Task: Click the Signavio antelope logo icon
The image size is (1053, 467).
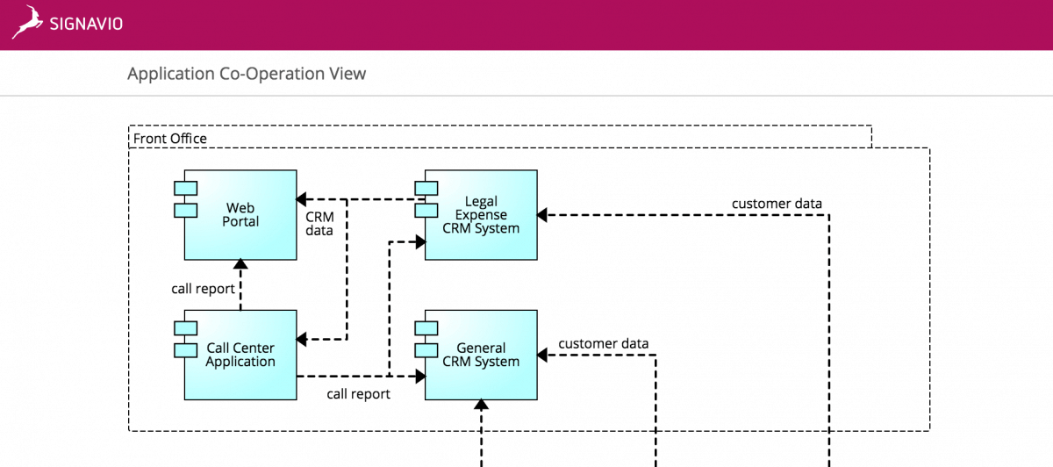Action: click(27, 23)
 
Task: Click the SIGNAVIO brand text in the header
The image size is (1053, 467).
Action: click(87, 24)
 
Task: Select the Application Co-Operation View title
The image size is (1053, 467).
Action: click(247, 74)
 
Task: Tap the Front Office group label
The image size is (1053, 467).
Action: click(170, 139)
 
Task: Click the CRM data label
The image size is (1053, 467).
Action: click(319, 224)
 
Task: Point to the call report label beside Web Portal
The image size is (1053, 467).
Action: click(203, 289)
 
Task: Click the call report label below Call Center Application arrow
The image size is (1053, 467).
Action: click(358, 394)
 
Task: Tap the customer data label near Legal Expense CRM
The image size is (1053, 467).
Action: click(777, 205)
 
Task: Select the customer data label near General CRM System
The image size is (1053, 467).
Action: click(604, 343)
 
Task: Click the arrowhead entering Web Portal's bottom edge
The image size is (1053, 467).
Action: click(240, 265)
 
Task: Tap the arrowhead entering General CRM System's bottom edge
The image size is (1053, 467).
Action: click(481, 406)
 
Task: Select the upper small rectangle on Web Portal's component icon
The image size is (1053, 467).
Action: click(185, 188)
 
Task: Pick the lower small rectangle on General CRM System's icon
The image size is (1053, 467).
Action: click(426, 349)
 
